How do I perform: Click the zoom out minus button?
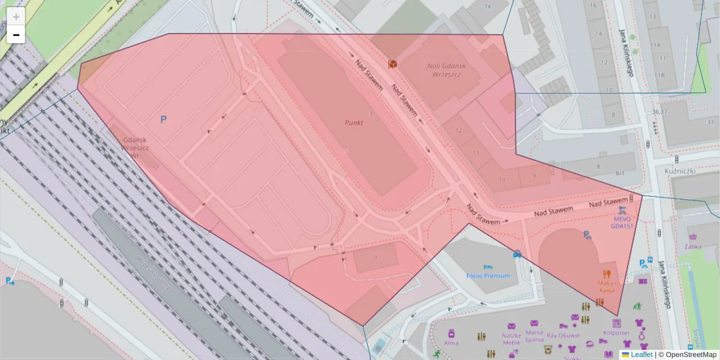tap(16, 35)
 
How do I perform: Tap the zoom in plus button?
tap(16, 17)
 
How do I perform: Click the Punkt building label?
tap(354, 122)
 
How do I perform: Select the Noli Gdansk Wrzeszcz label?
tap(448, 70)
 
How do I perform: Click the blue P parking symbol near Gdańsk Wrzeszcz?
tap(163, 120)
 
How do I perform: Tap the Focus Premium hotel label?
tap(488, 275)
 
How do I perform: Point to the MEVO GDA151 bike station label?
tap(622, 223)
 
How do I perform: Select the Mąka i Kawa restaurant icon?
tap(607, 273)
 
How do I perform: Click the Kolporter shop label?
tap(617, 332)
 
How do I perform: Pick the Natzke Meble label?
tap(511, 339)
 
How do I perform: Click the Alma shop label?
tap(451, 343)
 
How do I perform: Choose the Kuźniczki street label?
tap(680, 171)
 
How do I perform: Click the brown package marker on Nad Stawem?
tap(392, 64)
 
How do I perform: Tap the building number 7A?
tap(487, 7)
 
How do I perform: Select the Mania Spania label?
tap(534, 335)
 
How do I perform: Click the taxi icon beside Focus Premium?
tap(517, 254)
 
